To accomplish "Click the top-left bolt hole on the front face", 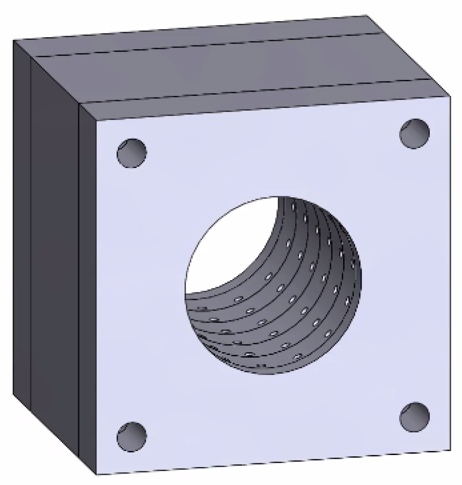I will tap(132, 153).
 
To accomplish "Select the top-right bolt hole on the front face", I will tap(414, 133).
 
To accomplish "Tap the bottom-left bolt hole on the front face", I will tap(132, 436).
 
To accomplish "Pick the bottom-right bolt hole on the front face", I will tap(414, 417).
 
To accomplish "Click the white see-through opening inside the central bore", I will tap(228, 241).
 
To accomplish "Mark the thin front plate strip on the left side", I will tap(88, 287).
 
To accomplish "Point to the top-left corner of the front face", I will tap(97, 121).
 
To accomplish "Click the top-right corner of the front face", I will tap(451, 97).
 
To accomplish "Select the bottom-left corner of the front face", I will tap(97, 475).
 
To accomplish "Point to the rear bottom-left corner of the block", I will tap(13, 394).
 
